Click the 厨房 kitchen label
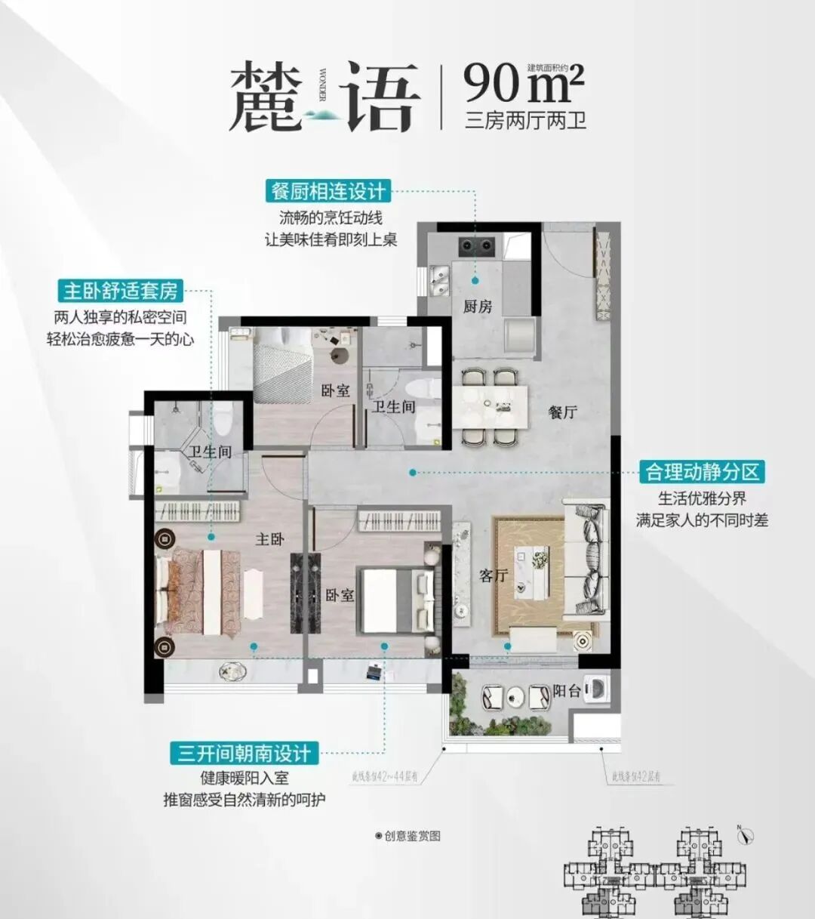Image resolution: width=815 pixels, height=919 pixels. (477, 307)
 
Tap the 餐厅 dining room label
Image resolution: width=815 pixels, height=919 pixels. (563, 412)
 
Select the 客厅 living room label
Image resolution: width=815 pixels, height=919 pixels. (494, 575)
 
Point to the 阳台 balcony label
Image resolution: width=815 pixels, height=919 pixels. (567, 691)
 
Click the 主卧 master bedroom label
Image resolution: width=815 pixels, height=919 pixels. (269, 539)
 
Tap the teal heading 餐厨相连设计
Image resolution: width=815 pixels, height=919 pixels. (328, 191)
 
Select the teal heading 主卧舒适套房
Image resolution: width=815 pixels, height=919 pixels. (121, 291)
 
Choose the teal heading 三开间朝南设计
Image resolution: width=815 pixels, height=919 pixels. (244, 753)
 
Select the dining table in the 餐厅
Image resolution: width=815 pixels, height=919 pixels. (490, 407)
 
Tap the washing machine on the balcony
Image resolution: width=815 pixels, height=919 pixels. (598, 689)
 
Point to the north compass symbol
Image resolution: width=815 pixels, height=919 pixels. (745, 835)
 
